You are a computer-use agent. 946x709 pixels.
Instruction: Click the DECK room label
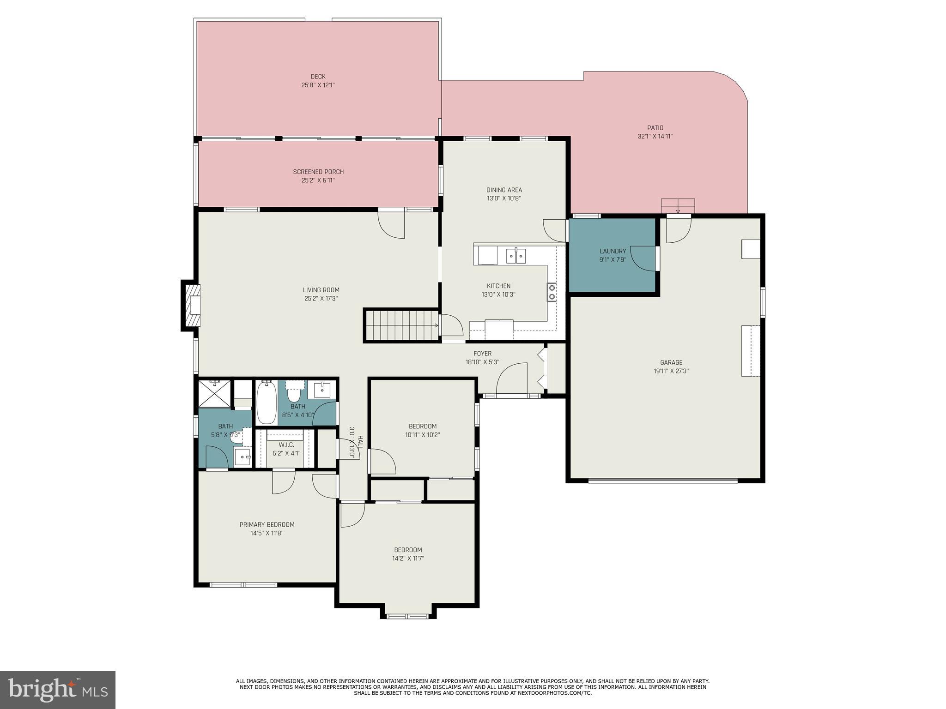tap(318, 77)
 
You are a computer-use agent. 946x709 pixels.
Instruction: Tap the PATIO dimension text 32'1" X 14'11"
tap(655, 137)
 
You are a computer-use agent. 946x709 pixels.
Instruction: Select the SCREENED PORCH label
tap(318, 172)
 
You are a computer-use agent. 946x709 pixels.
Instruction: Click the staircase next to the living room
tap(401, 325)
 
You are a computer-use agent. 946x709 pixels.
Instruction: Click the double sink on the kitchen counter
tap(515, 256)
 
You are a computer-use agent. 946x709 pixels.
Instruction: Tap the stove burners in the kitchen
tap(552, 292)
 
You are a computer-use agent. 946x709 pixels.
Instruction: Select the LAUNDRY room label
tap(612, 251)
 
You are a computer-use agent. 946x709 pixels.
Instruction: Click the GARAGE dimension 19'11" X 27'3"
tap(671, 371)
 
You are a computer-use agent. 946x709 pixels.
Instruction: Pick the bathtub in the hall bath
tap(266, 403)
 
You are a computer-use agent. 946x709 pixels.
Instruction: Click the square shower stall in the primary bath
tap(214, 394)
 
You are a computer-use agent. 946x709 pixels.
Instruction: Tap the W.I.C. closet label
tap(286, 445)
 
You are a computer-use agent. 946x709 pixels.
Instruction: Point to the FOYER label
tap(482, 354)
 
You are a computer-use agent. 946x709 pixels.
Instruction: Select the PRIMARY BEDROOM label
tap(267, 524)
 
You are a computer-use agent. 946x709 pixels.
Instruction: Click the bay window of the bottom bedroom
tap(408, 616)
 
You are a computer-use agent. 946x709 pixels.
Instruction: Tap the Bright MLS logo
tap(57, 690)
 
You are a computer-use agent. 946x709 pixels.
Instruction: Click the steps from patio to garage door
tap(678, 206)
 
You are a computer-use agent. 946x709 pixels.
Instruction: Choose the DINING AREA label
tap(504, 190)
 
